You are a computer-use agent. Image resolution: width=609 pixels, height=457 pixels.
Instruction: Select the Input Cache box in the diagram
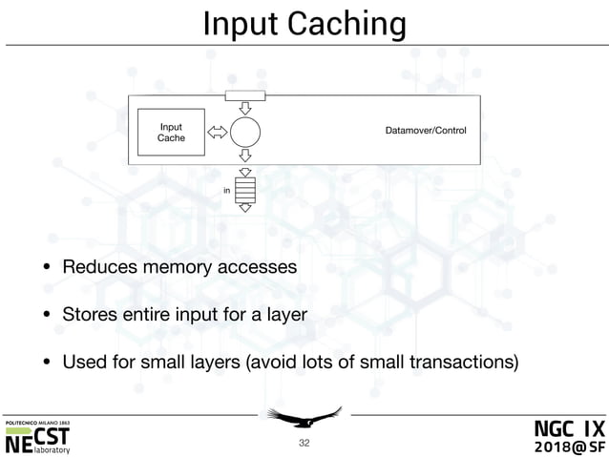tap(172, 134)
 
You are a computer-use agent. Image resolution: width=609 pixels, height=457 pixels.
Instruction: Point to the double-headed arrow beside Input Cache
tap(217, 134)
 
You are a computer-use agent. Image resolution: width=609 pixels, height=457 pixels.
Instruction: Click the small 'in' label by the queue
tap(226, 191)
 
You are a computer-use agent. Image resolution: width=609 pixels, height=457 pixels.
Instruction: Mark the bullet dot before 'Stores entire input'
tap(44, 313)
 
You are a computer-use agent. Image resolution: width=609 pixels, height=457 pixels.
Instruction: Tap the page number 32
tap(304, 443)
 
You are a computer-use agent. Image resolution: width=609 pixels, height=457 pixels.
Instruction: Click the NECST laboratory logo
tap(37, 437)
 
